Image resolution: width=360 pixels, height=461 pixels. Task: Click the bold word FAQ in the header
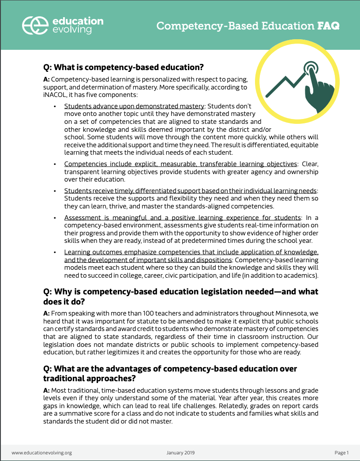coord(329,26)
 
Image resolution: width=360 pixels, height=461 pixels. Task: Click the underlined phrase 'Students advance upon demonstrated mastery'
coord(134,106)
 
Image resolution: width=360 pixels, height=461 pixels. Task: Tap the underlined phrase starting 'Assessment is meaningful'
coord(182,217)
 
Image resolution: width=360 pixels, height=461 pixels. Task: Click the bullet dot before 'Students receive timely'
coord(55,191)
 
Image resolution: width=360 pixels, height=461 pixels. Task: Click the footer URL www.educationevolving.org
coord(41,453)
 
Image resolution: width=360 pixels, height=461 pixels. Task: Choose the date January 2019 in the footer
coord(180,453)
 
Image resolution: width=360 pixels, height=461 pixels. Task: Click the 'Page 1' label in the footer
coord(341,453)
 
